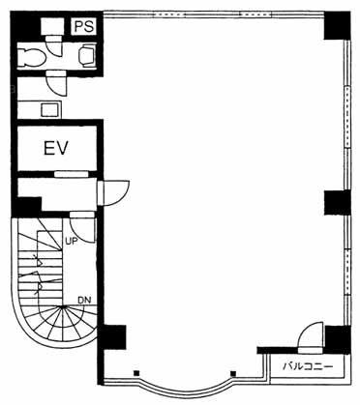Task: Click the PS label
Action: pyautogui.click(x=85, y=26)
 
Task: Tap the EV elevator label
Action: pyautogui.click(x=56, y=148)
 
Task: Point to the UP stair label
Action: pyautogui.click(x=72, y=241)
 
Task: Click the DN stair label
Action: pyautogui.click(x=84, y=300)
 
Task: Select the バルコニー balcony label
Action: pyautogui.click(x=308, y=366)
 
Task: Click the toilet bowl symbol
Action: pyautogui.click(x=31, y=58)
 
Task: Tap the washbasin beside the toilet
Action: pyautogui.click(x=87, y=55)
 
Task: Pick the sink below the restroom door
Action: pyautogui.click(x=51, y=109)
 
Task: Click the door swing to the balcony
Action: pyautogui.click(x=310, y=338)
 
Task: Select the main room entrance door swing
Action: pyautogui.click(x=116, y=192)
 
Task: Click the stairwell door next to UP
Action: pyautogui.click(x=82, y=227)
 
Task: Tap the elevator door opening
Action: pyautogui.click(x=71, y=174)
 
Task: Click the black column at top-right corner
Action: pyautogui.click(x=337, y=25)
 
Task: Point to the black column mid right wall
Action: pyautogui.click(x=337, y=202)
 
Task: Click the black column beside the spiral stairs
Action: pyautogui.click(x=112, y=337)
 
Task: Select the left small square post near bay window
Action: pyautogui.click(x=136, y=373)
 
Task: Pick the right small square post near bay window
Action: pyautogui.click(x=233, y=374)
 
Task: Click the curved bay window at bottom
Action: pyautogui.click(x=186, y=390)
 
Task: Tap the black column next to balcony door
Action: pyautogui.click(x=338, y=340)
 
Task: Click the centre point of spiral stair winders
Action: pyautogui.click(x=63, y=306)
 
